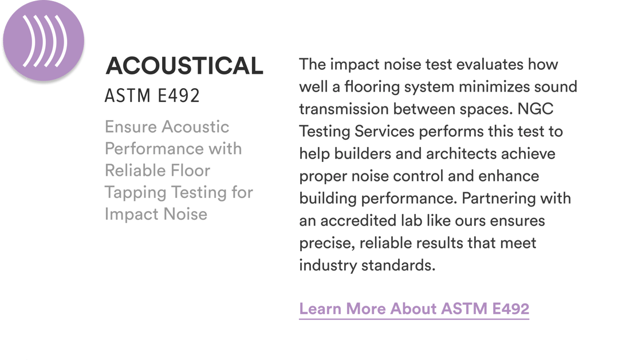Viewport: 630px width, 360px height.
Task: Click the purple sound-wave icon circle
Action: [43, 41]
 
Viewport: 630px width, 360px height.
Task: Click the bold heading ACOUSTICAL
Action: [184, 66]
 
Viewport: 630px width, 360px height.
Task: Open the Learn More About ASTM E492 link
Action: [414, 308]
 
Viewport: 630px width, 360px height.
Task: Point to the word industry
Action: [328, 266]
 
